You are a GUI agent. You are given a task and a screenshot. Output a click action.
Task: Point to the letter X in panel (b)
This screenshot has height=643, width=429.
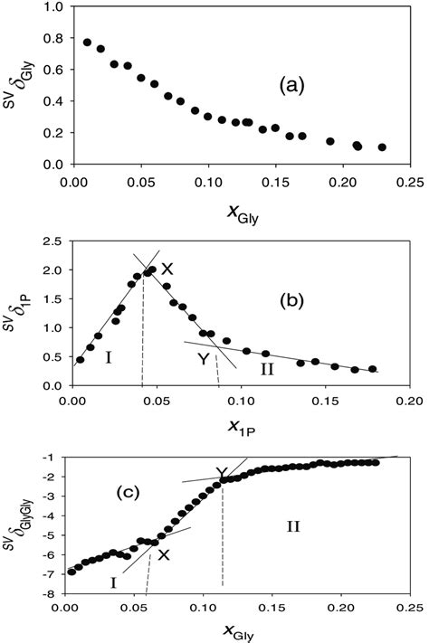pos(167,269)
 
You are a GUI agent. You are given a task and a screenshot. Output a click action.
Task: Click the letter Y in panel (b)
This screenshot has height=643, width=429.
pos(205,358)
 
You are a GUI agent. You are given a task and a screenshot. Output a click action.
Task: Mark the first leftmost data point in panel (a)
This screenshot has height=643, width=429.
pos(87,42)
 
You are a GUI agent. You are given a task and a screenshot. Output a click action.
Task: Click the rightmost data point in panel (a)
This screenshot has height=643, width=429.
pos(382,147)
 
